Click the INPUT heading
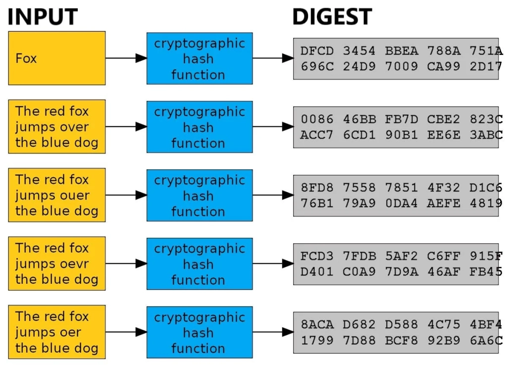(43, 16)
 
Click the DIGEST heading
(332, 16)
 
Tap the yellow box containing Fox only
(57, 58)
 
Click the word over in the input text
(72, 127)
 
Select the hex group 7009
(401, 66)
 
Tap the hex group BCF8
(401, 340)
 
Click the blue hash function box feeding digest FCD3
(200, 263)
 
